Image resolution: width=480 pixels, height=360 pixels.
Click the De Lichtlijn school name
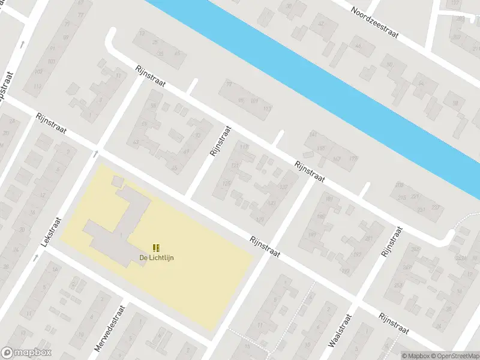point(157,258)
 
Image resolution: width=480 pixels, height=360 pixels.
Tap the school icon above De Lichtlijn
point(157,247)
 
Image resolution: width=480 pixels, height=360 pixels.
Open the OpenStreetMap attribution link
point(454,356)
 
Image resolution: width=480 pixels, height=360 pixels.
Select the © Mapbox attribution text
point(415,356)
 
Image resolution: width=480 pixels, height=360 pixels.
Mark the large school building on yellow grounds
point(120,225)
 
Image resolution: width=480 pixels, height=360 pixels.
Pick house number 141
point(313,135)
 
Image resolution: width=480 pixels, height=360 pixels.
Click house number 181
point(328,198)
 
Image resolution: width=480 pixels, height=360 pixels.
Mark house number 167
point(336,158)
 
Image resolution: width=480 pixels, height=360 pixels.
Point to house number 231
point(422,209)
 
